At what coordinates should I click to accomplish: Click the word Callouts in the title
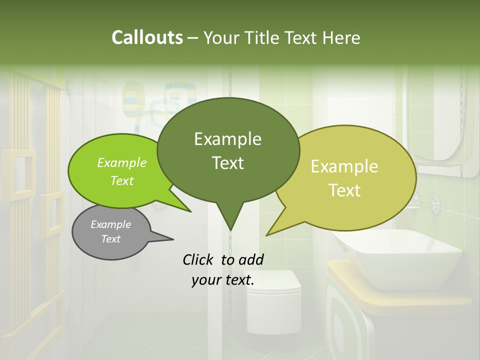147,37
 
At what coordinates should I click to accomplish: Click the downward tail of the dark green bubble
230,222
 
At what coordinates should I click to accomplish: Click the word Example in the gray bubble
110,224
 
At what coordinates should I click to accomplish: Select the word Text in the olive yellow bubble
345,190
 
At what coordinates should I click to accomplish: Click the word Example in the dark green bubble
227,139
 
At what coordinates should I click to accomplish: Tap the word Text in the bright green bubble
122,181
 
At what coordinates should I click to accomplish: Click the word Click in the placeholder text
199,259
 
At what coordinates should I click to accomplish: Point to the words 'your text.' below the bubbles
223,280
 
